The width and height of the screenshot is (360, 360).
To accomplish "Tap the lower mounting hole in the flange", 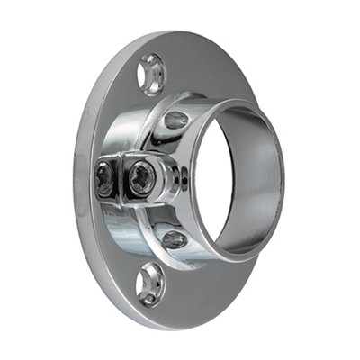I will (x=149, y=285).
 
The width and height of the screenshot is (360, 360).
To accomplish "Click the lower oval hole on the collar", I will (x=174, y=239).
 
